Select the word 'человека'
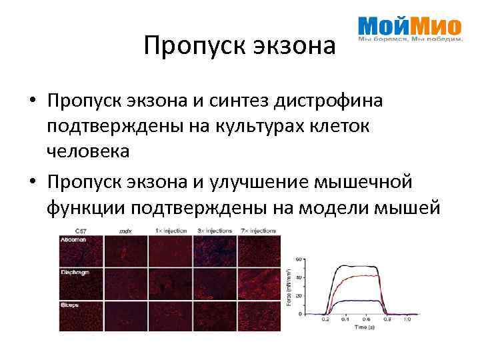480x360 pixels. (x=88, y=151)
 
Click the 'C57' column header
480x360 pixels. (x=81, y=231)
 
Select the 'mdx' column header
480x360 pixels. (x=125, y=231)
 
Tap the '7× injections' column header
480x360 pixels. (x=258, y=231)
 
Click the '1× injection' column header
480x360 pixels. (x=171, y=231)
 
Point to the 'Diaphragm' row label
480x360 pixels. (x=75, y=273)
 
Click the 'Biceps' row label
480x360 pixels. (x=71, y=304)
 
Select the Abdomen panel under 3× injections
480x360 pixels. (x=215, y=250)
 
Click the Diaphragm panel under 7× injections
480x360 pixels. (x=259, y=283)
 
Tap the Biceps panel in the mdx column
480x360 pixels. (x=126, y=315)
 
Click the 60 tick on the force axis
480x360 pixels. (x=300, y=259)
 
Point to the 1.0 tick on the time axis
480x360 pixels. (x=407, y=320)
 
